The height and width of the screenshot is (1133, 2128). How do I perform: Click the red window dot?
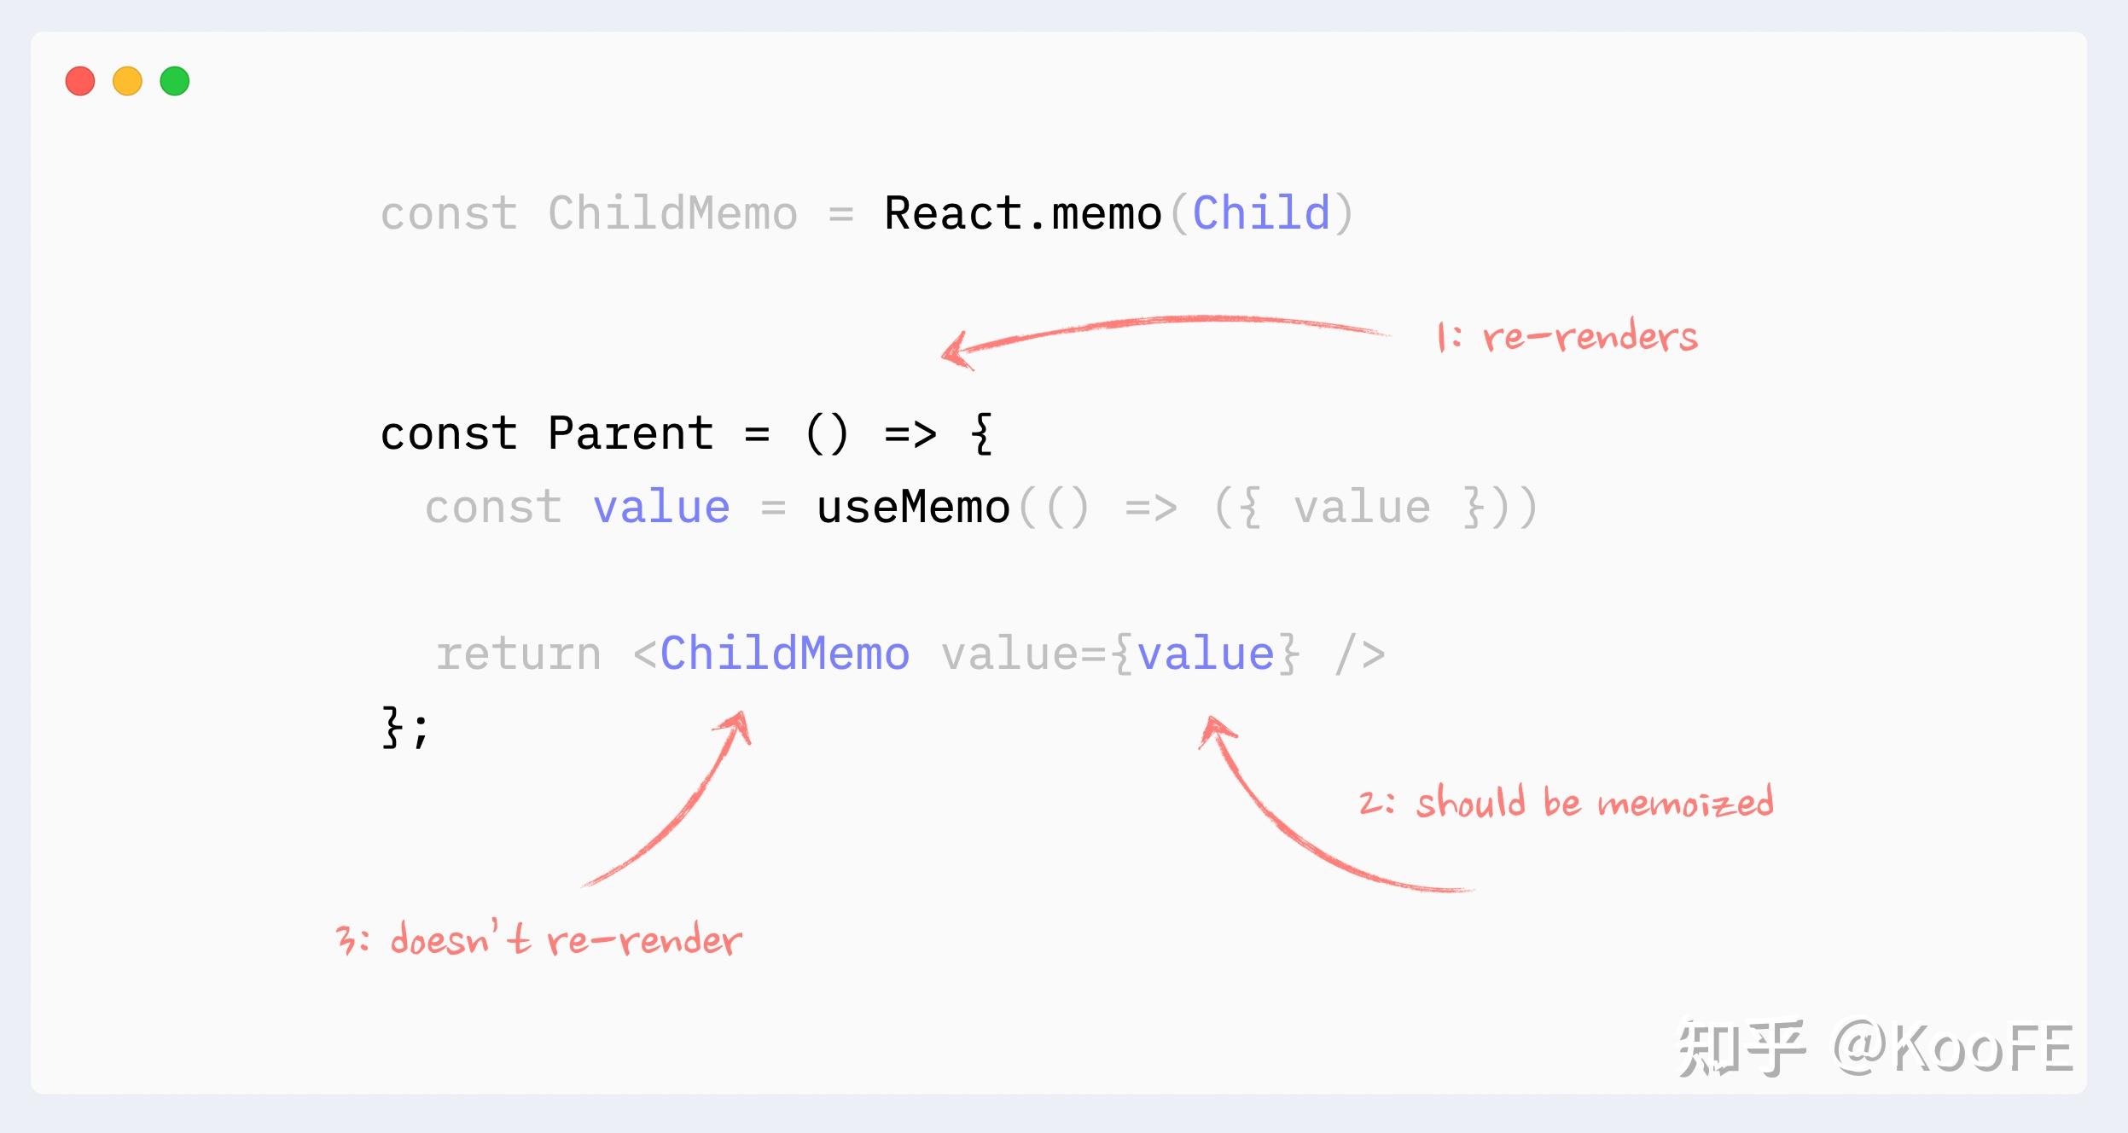(80, 81)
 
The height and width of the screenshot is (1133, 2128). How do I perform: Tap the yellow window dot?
(127, 81)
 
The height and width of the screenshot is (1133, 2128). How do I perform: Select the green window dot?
(175, 81)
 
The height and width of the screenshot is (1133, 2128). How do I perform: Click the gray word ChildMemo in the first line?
(672, 213)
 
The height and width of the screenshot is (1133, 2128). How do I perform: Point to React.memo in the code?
(1023, 213)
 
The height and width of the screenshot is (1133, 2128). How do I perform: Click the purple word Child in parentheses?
(1261, 213)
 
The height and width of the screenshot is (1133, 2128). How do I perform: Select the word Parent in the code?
(631, 433)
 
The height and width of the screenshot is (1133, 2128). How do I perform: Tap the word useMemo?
(913, 508)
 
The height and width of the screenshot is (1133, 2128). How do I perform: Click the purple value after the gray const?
(661, 508)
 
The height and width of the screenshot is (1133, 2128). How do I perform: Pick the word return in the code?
(519, 654)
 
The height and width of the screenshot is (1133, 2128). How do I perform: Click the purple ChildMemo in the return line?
(785, 654)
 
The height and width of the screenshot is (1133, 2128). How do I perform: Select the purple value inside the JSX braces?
(1206, 654)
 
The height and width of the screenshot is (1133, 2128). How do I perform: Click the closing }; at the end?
(404, 727)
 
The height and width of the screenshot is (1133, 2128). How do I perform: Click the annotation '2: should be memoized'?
(1567, 803)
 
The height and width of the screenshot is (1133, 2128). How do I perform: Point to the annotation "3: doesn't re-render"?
(539, 940)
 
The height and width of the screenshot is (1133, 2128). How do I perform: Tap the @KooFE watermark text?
(1953, 1048)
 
